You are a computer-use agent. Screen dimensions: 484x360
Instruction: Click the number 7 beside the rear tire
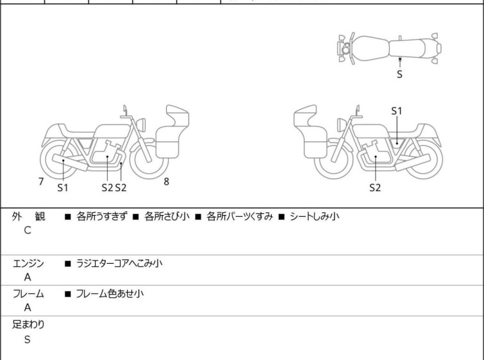[x=41, y=182]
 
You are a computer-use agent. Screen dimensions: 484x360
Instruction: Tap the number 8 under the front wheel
[x=167, y=182]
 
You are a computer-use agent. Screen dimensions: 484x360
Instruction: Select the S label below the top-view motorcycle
[x=400, y=74]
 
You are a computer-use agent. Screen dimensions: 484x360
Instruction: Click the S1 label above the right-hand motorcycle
[x=397, y=111]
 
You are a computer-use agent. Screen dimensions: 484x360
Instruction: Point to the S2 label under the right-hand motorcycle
[x=375, y=187]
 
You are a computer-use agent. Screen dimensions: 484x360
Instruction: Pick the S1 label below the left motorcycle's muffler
[x=63, y=187]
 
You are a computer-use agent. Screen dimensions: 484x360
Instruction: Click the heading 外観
[x=28, y=217]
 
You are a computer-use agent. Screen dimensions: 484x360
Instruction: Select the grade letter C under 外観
[x=28, y=230]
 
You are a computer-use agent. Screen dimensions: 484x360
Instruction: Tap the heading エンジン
[x=28, y=264]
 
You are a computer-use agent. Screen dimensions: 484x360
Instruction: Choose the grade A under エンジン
[x=28, y=277]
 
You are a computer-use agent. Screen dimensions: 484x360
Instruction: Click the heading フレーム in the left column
[x=28, y=293]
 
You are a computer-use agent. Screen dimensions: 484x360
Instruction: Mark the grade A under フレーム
[x=28, y=307]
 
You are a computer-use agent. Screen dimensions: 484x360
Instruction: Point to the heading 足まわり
[x=28, y=325]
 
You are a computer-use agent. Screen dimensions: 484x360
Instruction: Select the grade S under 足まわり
[x=28, y=339]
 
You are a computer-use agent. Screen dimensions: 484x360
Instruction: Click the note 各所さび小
[x=167, y=216]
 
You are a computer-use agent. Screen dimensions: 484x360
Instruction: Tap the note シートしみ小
[x=315, y=216]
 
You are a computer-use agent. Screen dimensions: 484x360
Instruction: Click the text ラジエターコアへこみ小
[x=119, y=263]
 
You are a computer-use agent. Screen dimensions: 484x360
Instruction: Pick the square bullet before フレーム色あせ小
[x=67, y=294]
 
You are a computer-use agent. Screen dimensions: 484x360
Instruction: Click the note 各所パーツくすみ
[x=240, y=216]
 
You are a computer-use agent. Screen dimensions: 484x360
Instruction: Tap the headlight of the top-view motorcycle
[x=346, y=48]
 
